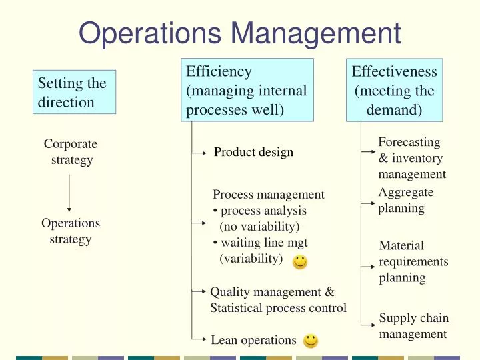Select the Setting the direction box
75,92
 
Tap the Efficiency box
247,91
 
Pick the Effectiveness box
394,91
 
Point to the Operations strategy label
71,231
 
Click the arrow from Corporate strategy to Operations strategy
69,190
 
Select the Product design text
253,153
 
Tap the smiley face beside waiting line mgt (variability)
300,261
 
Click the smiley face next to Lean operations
310,341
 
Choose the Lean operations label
253,341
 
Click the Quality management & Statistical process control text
278,300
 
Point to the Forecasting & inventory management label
411,158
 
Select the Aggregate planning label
405,200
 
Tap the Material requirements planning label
413,261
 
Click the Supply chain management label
413,326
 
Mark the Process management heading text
268,195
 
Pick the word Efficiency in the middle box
219,72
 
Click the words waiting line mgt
264,243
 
